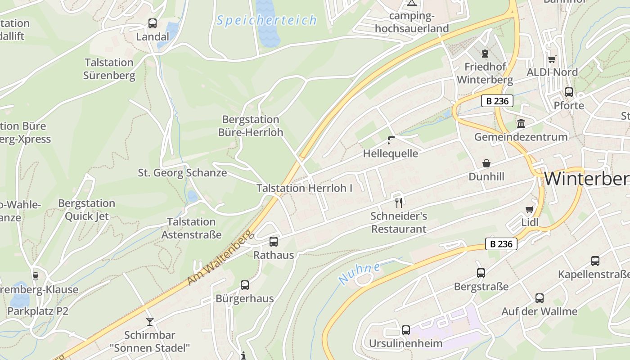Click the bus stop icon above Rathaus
point(273,242)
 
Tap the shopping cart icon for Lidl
point(530,209)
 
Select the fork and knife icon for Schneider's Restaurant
point(398,202)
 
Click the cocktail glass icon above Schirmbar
point(150,321)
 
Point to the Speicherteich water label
point(266,20)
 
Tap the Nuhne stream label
point(359,274)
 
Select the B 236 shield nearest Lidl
point(501,244)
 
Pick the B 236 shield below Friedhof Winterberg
point(497,101)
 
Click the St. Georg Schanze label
point(182,173)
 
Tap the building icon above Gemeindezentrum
point(521,123)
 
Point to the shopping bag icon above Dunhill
point(486,163)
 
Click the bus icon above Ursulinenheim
point(406,330)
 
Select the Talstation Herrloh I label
point(305,188)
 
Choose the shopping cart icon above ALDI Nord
point(552,59)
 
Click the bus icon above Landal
point(153,23)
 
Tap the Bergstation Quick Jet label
point(86,210)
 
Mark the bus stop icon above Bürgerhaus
point(244,285)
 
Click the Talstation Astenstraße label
point(191,228)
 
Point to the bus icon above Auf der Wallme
point(539,298)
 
